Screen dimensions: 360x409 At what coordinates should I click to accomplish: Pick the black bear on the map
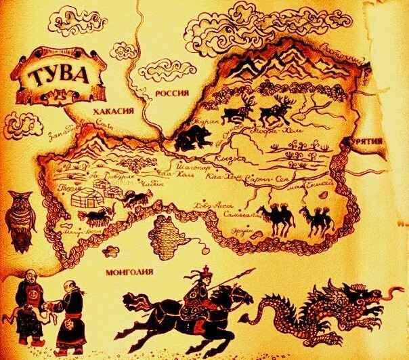click(x=193, y=138)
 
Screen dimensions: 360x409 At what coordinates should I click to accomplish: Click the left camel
click(x=277, y=218)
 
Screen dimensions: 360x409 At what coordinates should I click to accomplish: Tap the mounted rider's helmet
click(x=202, y=274)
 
